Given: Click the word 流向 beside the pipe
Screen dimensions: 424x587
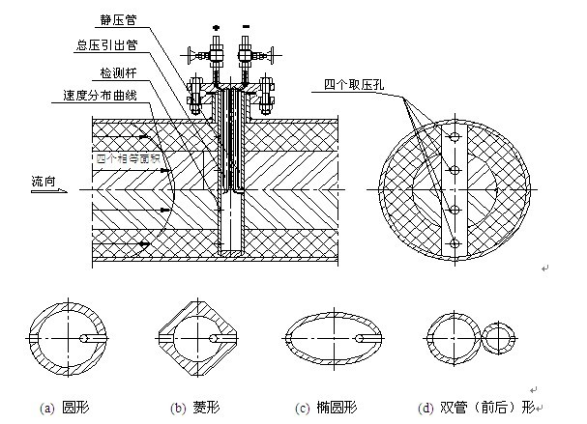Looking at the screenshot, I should pos(44,180).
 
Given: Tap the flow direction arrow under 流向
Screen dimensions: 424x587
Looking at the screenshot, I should pos(44,191).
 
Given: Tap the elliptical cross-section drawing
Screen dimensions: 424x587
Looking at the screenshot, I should pos(329,338).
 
